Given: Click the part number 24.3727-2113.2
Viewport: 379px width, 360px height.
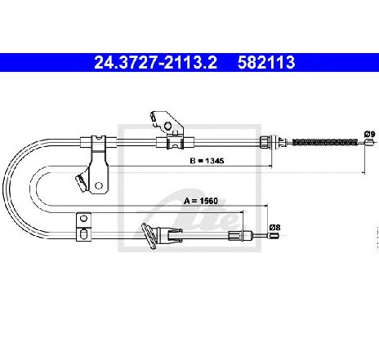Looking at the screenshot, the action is pos(155,62).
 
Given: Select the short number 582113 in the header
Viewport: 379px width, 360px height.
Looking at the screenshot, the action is pos(266,62).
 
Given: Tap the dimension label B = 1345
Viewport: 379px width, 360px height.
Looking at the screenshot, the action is pos(207,161).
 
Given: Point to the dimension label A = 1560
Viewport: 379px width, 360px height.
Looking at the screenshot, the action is pos(201,201).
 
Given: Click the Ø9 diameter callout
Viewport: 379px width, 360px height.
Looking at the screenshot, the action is pos(369,134).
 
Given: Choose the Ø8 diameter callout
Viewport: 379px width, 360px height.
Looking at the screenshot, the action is pos(274,227).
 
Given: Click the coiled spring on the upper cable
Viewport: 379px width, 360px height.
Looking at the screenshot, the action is pos(325,142).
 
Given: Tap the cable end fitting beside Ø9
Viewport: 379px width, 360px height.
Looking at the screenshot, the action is pos(369,142).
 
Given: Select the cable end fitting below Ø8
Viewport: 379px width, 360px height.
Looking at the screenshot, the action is pos(274,236).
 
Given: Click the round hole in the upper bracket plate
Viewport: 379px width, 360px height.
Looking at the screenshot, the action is pos(167,126).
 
